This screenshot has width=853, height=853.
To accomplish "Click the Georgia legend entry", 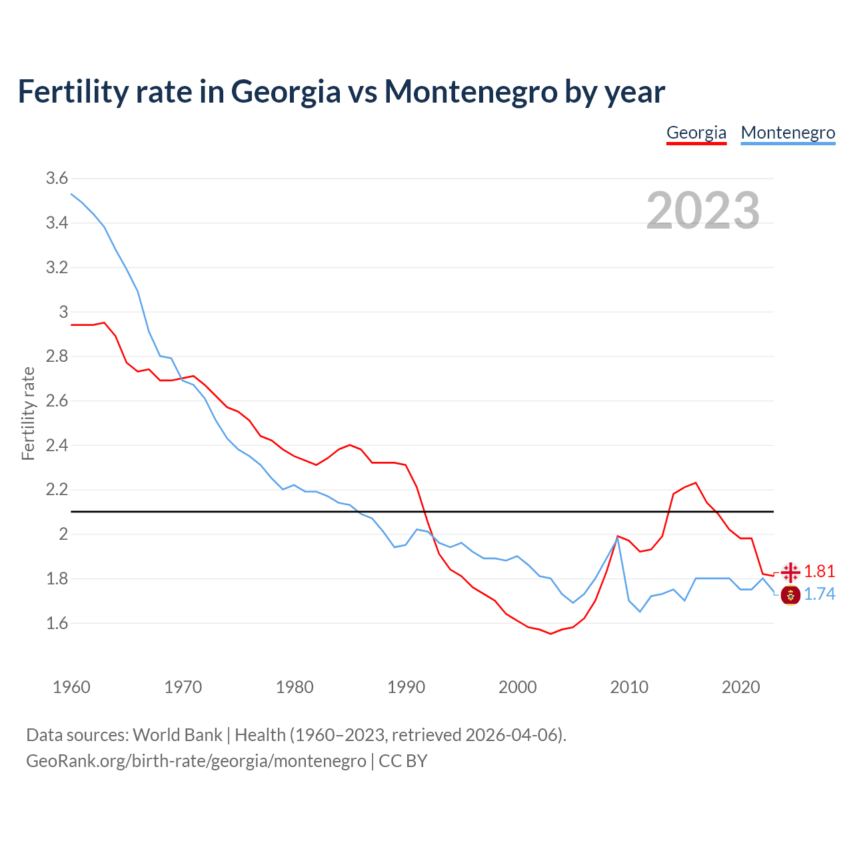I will click(696, 133).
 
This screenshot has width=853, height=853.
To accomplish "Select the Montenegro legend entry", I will click(788, 133).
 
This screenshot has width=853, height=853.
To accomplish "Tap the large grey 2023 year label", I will click(703, 211).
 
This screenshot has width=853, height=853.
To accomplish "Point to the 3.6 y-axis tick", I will click(57, 178).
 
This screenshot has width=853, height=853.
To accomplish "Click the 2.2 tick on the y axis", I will click(57, 490).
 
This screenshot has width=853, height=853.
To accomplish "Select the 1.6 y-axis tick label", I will click(57, 623).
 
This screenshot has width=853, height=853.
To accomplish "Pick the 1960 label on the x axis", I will click(71, 687).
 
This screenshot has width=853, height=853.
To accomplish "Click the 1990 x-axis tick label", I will click(406, 687).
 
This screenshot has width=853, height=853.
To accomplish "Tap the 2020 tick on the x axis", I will click(740, 687).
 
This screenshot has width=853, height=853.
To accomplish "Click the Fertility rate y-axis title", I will click(28, 413).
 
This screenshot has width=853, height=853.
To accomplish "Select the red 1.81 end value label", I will click(819, 571).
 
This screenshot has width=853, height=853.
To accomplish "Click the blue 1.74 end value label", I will click(819, 594).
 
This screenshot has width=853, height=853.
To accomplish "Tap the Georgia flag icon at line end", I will click(791, 572).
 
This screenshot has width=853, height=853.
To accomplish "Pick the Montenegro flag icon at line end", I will click(790, 594).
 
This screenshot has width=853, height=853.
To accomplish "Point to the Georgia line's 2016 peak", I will click(696, 482).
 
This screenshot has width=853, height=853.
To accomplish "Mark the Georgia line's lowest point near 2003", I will click(550, 634).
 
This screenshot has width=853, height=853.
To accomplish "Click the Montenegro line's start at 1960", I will click(71, 194).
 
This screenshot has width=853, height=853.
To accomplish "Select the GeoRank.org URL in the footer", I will click(196, 760).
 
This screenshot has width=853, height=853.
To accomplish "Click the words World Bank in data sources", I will click(177, 734).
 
